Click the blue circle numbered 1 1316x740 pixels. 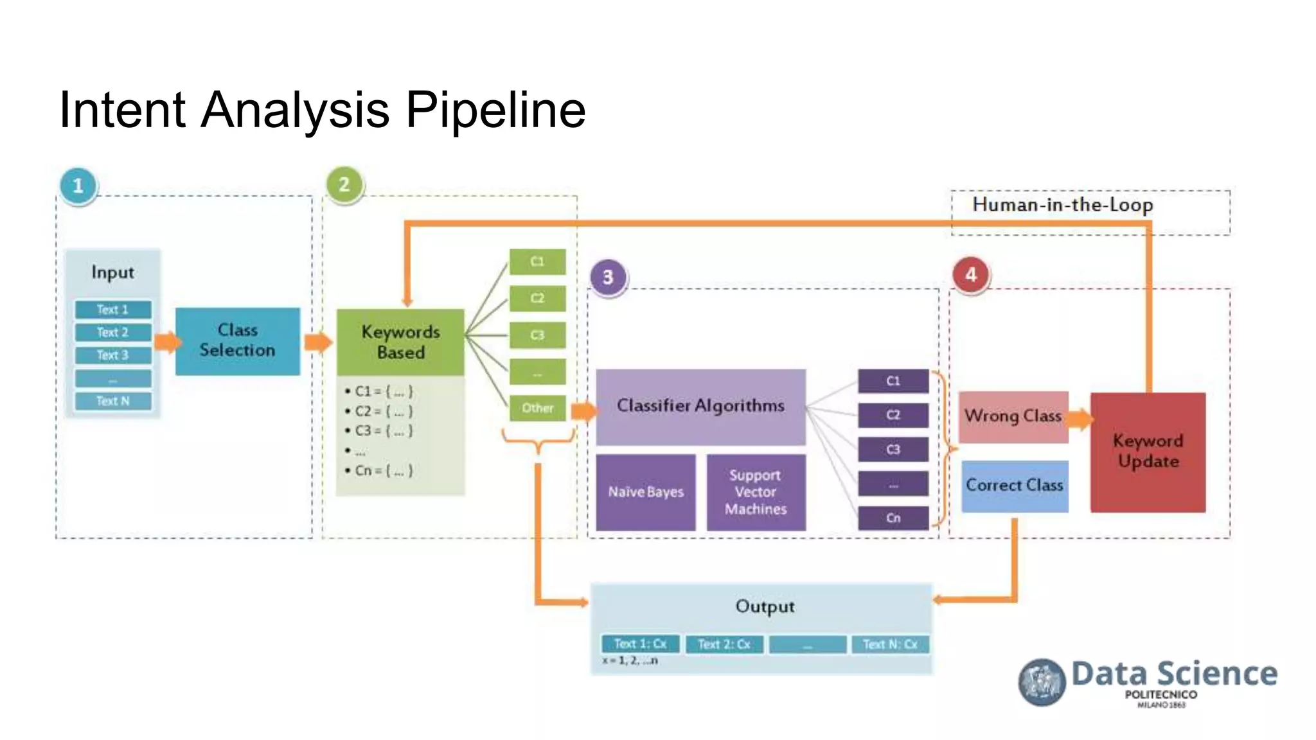pos(78,186)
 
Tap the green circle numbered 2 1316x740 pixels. pos(344,184)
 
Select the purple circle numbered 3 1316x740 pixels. pos(608,277)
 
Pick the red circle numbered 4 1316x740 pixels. pos(971,275)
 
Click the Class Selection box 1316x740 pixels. pos(237,340)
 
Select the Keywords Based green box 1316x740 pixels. pos(400,342)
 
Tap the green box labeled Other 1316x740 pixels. pos(537,408)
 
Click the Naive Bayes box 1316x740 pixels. pos(646,492)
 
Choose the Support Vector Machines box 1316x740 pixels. pos(756,492)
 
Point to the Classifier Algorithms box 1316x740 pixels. pos(700,406)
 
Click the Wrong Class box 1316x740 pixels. pos(1013,416)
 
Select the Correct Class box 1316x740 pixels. pos(1015,486)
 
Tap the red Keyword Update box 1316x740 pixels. pos(1148,452)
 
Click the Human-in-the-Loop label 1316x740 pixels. pos(1063,205)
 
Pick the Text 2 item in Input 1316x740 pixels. pos(113,332)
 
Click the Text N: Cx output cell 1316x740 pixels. pos(890,644)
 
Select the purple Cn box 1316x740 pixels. pos(893,518)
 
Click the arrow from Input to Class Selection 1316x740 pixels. pos(167,342)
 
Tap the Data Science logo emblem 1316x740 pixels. pos(1042,682)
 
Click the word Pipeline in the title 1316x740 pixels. pos(495,110)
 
